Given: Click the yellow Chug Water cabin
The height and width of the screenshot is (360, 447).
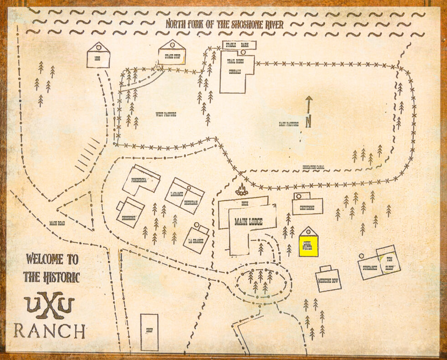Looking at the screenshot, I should click(x=308, y=246).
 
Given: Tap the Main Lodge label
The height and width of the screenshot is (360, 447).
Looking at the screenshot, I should click(x=249, y=222).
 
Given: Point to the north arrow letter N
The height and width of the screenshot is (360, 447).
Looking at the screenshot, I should click(x=308, y=122).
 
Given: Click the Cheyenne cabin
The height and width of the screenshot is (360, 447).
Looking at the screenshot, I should click(x=308, y=207).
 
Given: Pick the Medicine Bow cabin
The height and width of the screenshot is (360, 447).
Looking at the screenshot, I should click(x=328, y=279).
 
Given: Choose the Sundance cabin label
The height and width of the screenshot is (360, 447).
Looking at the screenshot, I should click(x=370, y=268).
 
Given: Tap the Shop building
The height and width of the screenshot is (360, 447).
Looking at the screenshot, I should click(x=149, y=332).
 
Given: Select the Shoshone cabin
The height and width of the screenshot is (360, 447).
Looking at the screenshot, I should click(x=130, y=213).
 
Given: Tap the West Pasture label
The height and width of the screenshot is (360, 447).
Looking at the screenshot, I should click(x=166, y=115).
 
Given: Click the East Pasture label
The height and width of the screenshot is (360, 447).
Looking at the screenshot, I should click(x=288, y=124).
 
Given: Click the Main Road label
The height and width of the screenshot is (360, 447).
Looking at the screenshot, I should click(x=58, y=224).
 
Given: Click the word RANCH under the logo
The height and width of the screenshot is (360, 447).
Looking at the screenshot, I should click(x=49, y=331).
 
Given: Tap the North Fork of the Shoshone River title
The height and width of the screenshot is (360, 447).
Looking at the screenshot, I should click(x=224, y=24).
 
